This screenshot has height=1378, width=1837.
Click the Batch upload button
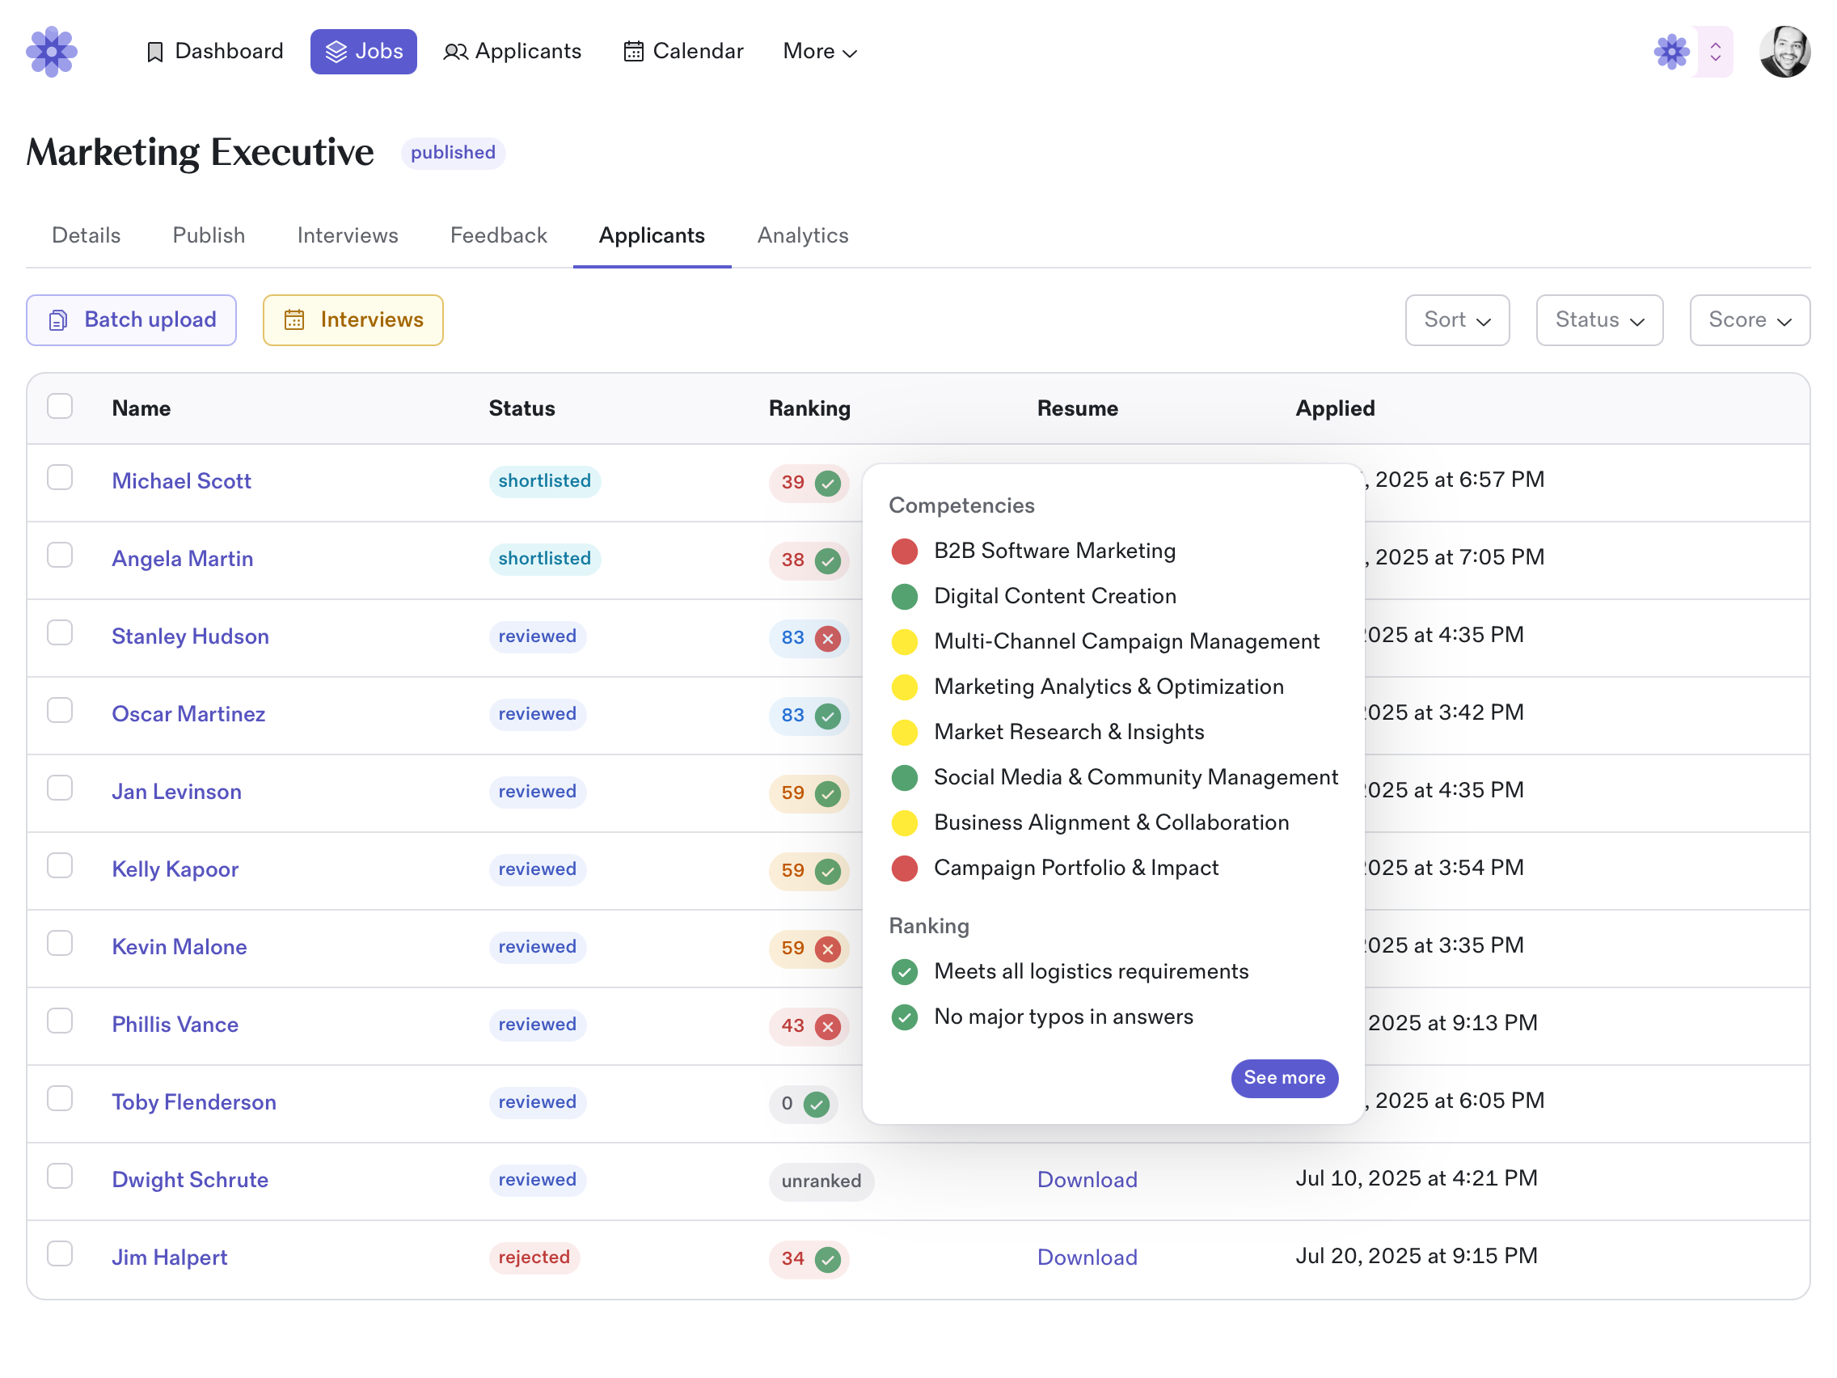click(x=131, y=319)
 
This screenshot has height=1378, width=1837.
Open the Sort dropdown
click(x=1456, y=319)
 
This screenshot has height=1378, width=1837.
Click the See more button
click(x=1283, y=1077)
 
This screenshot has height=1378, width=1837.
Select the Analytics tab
click(x=802, y=235)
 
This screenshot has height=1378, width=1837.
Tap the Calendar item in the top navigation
click(x=682, y=52)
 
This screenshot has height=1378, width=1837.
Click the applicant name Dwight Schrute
click(x=189, y=1180)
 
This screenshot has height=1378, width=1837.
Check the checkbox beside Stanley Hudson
click(x=60, y=633)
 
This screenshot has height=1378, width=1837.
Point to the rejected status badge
click(x=533, y=1257)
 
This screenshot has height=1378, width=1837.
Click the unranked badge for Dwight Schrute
click(x=821, y=1181)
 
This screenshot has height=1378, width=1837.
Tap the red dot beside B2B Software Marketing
click(x=904, y=551)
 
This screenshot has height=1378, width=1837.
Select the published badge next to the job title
click(x=453, y=153)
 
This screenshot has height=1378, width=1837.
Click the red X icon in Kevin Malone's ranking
click(x=827, y=949)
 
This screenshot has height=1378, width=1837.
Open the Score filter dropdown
click(x=1749, y=319)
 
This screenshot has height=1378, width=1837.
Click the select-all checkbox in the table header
click(x=60, y=406)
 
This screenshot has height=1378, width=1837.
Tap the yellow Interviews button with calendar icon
click(x=353, y=319)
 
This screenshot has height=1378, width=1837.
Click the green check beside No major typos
click(x=904, y=1017)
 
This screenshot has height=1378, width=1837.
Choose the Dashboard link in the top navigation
click(x=214, y=52)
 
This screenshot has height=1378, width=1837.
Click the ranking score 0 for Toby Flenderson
click(x=787, y=1103)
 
